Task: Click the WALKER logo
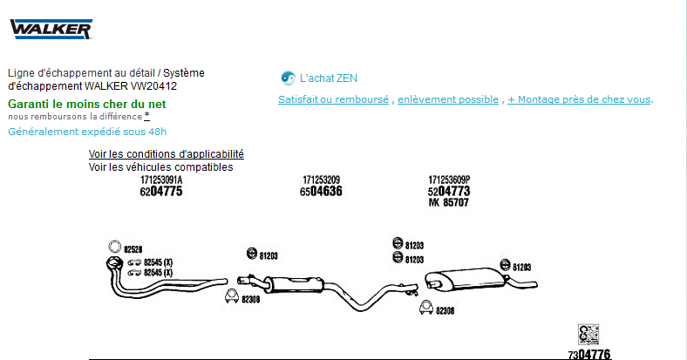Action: pos(51,29)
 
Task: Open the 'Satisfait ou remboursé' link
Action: pos(333,99)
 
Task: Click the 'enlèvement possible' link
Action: pos(448,99)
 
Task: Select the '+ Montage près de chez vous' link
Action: pos(579,99)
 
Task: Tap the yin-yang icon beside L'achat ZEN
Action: pos(288,78)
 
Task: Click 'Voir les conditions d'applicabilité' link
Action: pos(166,154)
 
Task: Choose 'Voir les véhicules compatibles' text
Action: pos(160,167)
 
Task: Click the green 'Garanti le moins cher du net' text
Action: pos(87,105)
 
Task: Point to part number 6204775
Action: pos(161,192)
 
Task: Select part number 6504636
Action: pos(321,192)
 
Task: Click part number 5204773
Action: pos(449,192)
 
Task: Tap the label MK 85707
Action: pos(449,202)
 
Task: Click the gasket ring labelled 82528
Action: pos(114,247)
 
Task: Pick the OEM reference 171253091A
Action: pos(161,180)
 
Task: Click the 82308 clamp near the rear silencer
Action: pos(425,307)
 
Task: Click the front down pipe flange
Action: pos(114,263)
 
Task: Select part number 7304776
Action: pos(589,354)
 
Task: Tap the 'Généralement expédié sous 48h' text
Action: pos(87,132)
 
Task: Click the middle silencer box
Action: pos(294,285)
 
